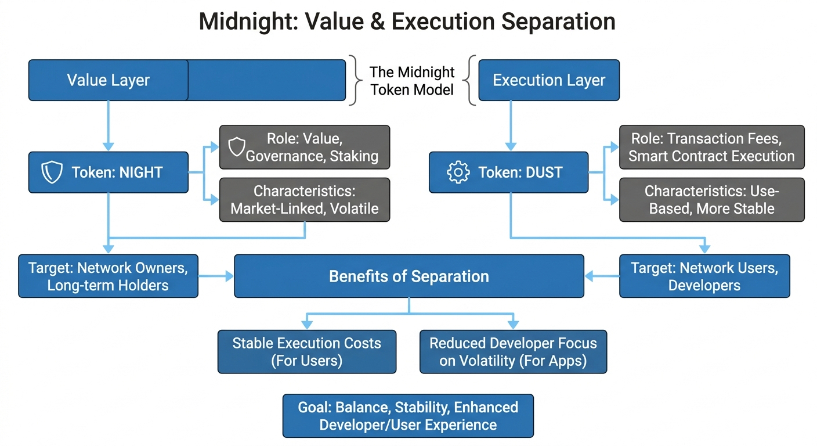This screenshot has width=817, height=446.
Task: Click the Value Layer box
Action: pos(109,80)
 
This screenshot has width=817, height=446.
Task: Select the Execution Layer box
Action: pos(548,80)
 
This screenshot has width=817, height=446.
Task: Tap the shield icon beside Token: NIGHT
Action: pos(53,172)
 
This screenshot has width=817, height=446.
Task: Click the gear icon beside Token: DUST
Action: pos(458,172)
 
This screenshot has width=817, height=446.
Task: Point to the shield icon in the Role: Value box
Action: pos(237,148)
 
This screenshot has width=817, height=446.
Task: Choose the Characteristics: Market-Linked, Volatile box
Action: pos(304,200)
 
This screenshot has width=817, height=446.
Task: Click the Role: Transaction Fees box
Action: pos(711,148)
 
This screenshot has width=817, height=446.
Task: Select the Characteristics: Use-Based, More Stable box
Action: pos(711,200)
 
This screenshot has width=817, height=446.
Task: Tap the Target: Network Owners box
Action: pos(108,276)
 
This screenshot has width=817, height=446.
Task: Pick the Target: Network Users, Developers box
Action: pos(704,276)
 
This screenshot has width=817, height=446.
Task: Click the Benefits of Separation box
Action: pos(408,276)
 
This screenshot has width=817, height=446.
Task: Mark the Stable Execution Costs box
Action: pos(306,351)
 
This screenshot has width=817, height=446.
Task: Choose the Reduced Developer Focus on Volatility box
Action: pos(513,351)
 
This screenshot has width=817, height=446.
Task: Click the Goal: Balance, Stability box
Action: pos(407,416)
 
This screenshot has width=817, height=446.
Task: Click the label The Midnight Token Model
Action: pos(412,81)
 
